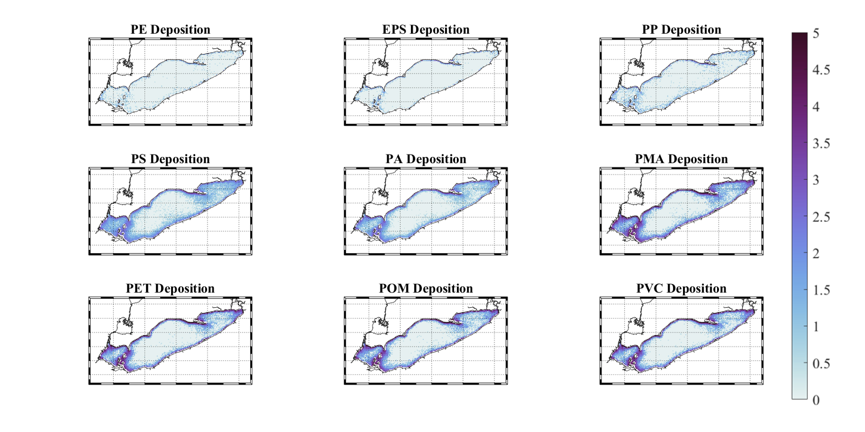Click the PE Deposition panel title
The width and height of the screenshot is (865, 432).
[x=170, y=30]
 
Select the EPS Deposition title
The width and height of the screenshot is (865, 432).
[x=425, y=30]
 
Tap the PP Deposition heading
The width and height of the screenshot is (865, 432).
[x=681, y=30]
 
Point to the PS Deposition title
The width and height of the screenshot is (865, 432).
[x=170, y=159]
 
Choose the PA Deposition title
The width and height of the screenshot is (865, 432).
[x=425, y=159]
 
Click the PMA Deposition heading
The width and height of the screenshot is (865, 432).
[x=681, y=159]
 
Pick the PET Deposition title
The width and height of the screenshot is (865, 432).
[x=170, y=289]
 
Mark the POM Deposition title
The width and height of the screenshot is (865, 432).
[x=425, y=289]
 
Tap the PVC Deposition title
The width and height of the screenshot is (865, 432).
[x=681, y=289]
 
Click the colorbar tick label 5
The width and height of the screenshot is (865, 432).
[x=816, y=33]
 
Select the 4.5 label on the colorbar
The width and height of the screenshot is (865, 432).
[x=821, y=70]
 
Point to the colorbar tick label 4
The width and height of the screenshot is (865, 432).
[x=816, y=107]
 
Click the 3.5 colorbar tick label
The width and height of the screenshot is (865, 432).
[x=821, y=143]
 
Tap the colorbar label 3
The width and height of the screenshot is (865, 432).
[x=816, y=180]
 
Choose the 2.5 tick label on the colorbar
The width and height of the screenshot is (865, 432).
[x=821, y=217]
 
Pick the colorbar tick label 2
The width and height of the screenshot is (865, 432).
[x=816, y=254]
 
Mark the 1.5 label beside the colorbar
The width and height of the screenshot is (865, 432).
[x=821, y=290]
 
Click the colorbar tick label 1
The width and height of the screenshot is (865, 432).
[x=816, y=327]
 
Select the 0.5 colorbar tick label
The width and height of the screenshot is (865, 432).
[x=821, y=364]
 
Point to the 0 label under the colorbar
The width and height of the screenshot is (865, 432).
[x=816, y=400]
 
